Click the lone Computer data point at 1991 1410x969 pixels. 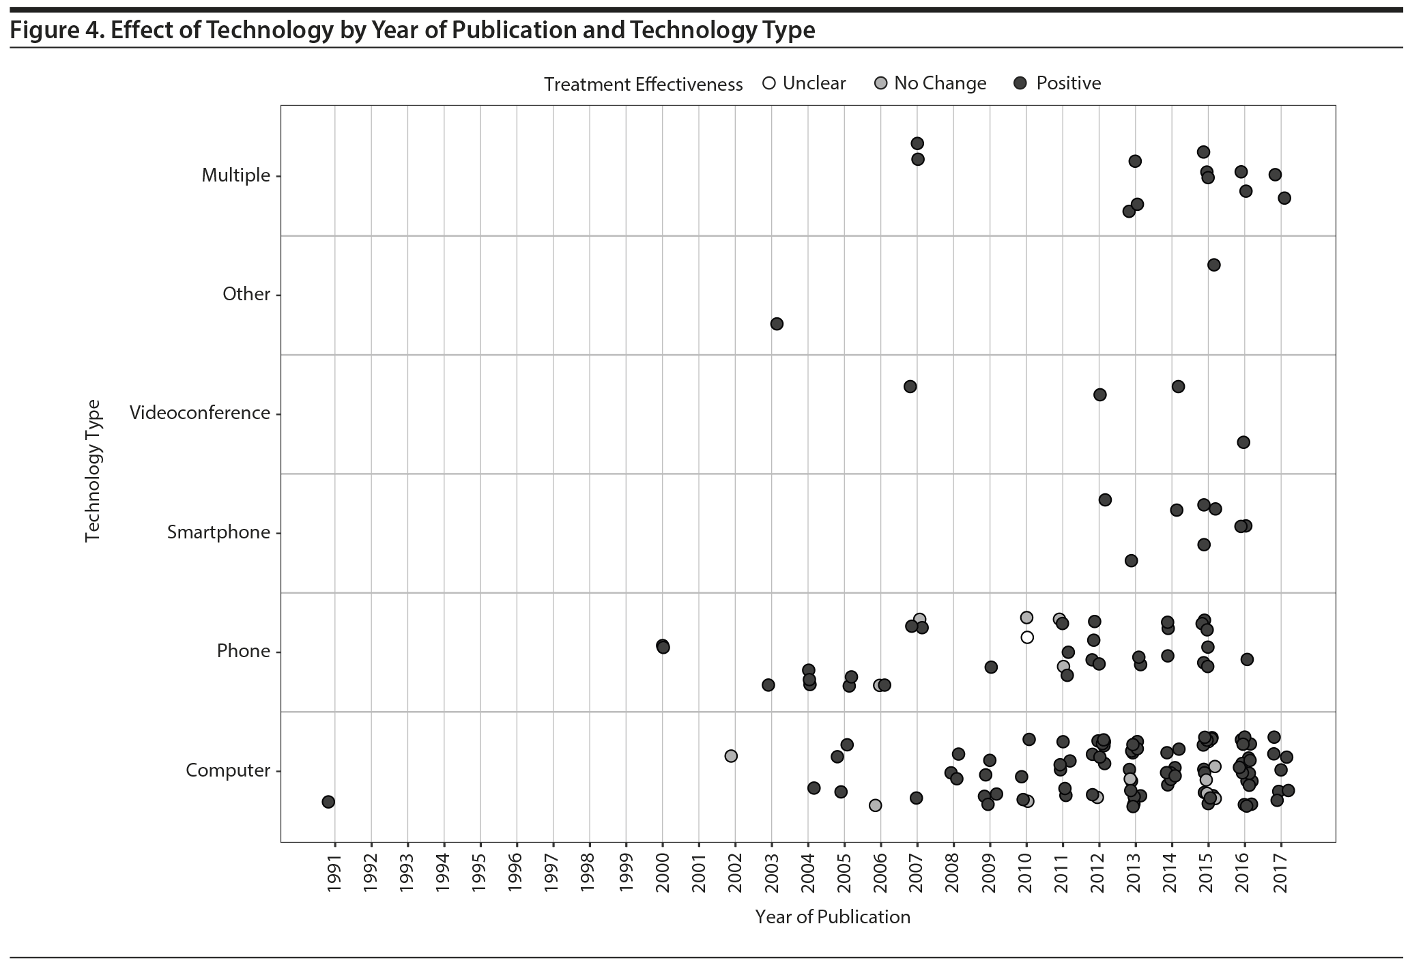(x=328, y=801)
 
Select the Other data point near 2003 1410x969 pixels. (x=777, y=323)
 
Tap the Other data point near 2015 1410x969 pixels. (x=1213, y=265)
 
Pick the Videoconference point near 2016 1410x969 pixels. (x=1243, y=442)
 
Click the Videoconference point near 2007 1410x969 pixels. (x=910, y=386)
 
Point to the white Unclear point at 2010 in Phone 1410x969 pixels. (x=1027, y=637)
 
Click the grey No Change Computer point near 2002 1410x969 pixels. (x=731, y=756)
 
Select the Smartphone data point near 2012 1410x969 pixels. (x=1105, y=500)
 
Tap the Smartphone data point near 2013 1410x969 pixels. (x=1131, y=560)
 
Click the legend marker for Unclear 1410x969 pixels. (x=769, y=84)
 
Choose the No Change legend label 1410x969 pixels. (x=940, y=83)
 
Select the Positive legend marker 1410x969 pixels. (x=1021, y=84)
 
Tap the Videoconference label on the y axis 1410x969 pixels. (x=199, y=413)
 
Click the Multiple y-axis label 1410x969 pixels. (x=236, y=175)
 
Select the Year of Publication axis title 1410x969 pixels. (x=833, y=916)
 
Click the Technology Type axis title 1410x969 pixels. (x=93, y=471)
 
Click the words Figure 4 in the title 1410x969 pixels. (x=55, y=30)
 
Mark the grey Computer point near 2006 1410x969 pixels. (x=875, y=805)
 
